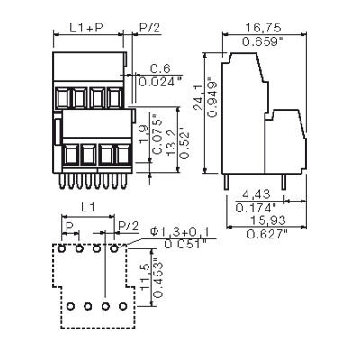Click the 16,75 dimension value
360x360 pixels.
(x=259, y=29)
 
